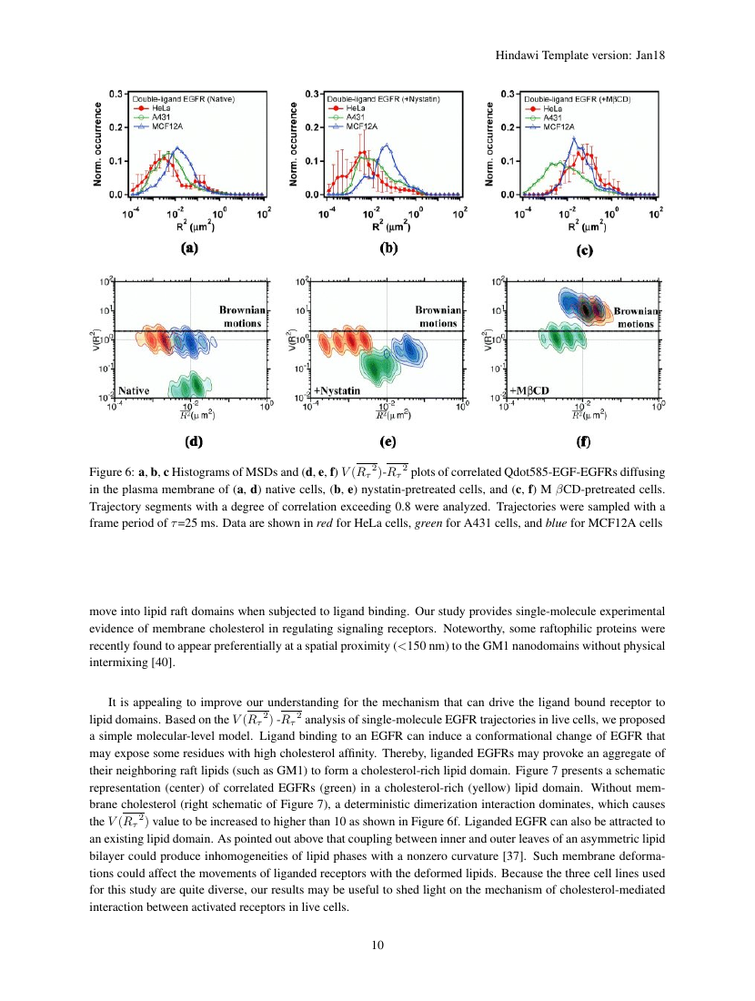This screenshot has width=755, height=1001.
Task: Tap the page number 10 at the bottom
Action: (377, 944)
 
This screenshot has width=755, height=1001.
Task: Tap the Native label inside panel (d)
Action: (134, 389)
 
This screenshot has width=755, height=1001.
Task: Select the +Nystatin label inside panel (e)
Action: (338, 389)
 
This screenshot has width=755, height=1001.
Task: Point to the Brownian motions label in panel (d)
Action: (241, 316)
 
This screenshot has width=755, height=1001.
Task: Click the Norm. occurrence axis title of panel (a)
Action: (97, 143)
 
